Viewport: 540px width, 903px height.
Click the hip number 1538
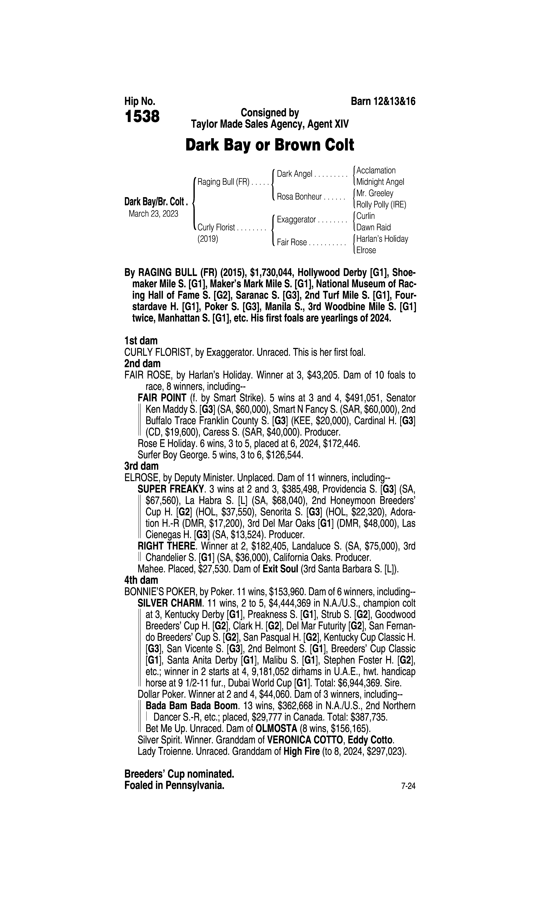click(142, 117)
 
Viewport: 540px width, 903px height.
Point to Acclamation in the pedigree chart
click(376, 171)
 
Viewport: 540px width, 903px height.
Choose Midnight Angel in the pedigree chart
click(380, 182)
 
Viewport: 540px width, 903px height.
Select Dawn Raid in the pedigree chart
click(373, 227)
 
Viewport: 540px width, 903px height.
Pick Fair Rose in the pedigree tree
click(292, 242)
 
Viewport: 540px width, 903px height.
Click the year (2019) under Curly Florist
click(208, 239)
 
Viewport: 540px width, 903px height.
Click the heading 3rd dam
click(141, 466)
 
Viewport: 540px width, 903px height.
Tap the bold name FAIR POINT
click(162, 398)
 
